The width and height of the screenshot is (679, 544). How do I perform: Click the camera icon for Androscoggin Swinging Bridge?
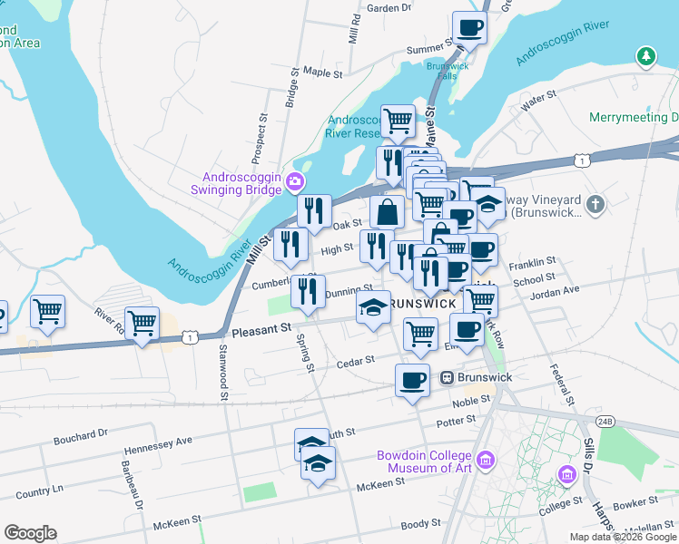coord(295,182)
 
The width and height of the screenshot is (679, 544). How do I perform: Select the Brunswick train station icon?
coord(447,377)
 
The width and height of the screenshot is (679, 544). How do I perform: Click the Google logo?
coord(30,533)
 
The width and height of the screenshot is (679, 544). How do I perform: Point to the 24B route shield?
coord(605,421)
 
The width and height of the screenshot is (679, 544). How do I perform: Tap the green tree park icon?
coord(646,57)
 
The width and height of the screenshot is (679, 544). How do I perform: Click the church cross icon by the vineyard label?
coord(595,204)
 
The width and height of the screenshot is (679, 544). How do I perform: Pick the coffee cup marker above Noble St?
coord(412,379)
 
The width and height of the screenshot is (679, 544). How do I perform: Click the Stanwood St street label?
coord(222,373)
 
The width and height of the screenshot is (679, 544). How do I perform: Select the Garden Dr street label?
coord(389,8)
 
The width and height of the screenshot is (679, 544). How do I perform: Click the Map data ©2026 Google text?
coord(623,537)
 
